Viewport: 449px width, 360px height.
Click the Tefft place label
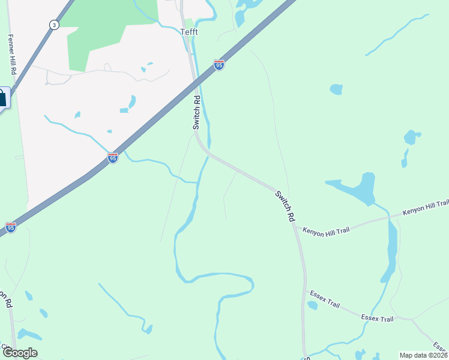pos(190,32)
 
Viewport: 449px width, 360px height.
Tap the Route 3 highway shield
pos(54,25)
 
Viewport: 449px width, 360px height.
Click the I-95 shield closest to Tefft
pos(219,64)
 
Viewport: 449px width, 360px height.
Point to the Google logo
pos(19,353)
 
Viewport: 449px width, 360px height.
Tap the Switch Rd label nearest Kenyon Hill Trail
pos(285,206)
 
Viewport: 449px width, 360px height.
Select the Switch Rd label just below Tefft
pos(196,112)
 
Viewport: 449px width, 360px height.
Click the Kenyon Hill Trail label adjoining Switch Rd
pos(325,230)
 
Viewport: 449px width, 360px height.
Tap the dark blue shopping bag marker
pos(3,98)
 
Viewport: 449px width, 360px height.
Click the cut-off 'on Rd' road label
pos(6,299)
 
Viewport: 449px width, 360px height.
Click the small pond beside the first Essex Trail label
pos(312,305)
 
